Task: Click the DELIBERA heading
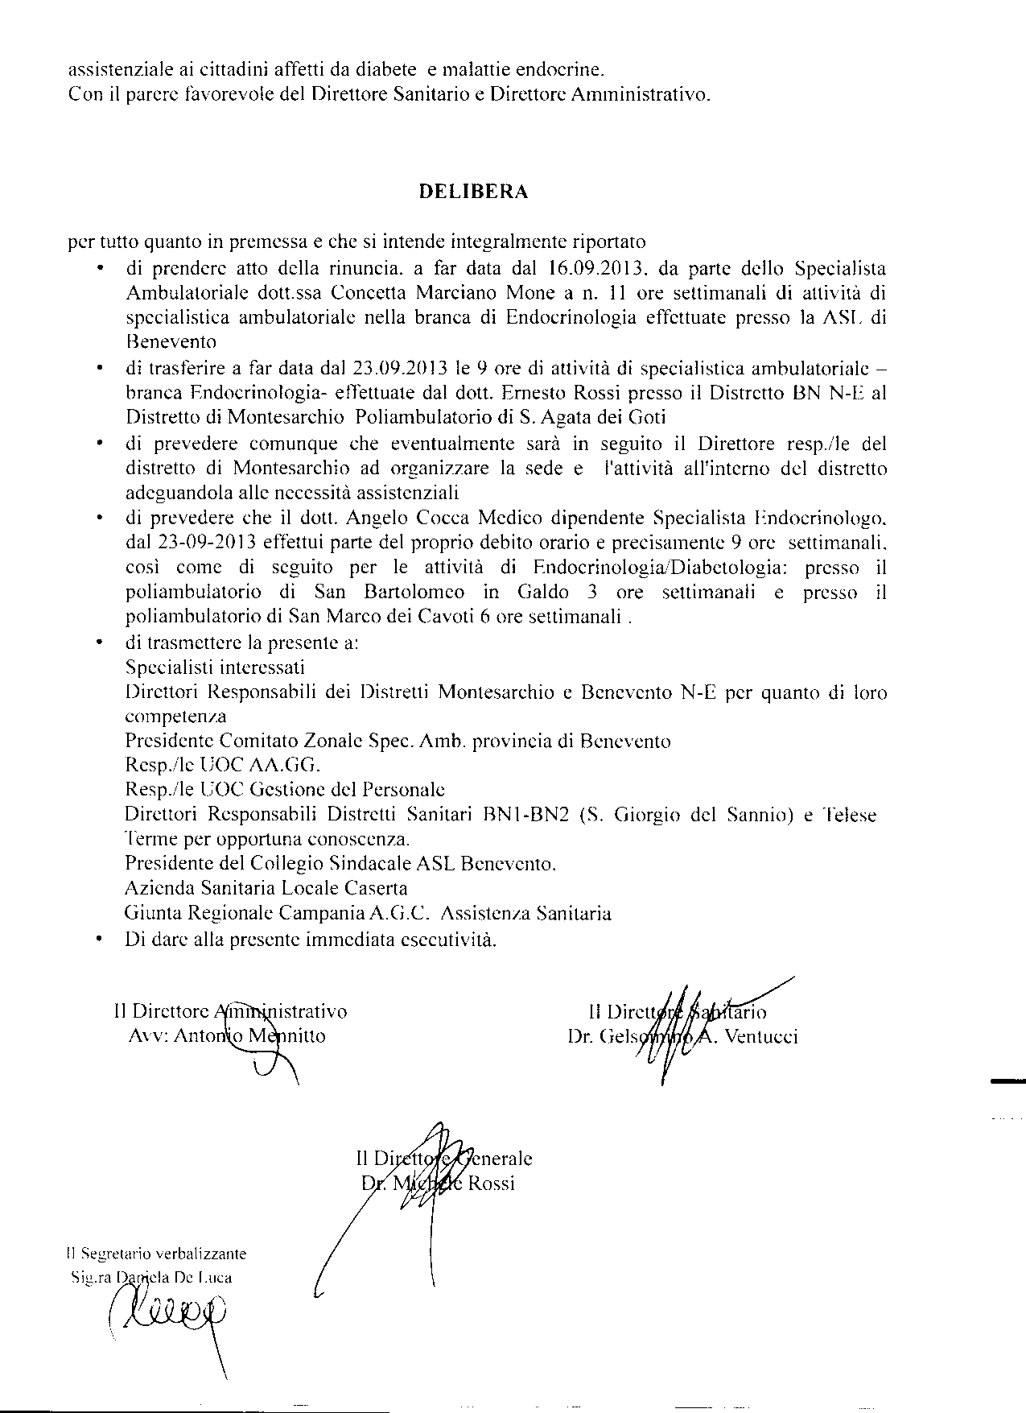click(x=473, y=192)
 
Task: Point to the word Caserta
click(x=372, y=888)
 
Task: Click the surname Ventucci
click(x=761, y=1037)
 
